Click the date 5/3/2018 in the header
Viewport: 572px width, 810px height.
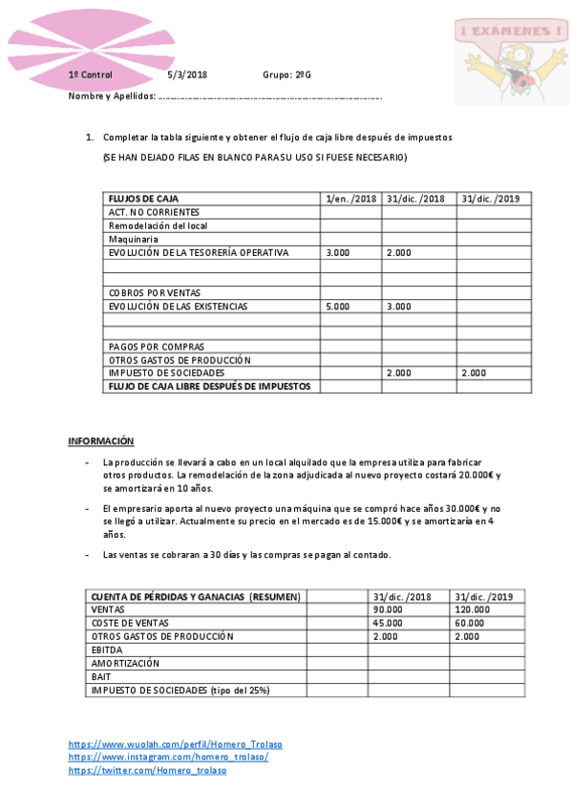pos(186,75)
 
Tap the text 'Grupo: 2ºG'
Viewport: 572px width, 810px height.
pos(286,75)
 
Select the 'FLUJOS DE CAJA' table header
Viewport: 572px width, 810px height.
pos(143,199)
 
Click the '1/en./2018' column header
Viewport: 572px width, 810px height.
pos(351,199)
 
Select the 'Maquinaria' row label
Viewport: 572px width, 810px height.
pos(133,239)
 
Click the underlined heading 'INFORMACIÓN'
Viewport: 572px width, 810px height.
pos(100,441)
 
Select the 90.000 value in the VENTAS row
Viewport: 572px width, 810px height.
pos(388,609)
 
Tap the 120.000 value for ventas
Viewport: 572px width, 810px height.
pos(473,609)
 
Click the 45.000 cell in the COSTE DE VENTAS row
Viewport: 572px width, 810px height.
pos(388,623)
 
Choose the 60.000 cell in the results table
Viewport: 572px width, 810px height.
pos(470,623)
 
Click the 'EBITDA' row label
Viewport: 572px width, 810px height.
pos(107,650)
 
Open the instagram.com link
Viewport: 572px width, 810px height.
pos(168,757)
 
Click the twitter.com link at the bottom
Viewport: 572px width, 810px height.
pos(147,770)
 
